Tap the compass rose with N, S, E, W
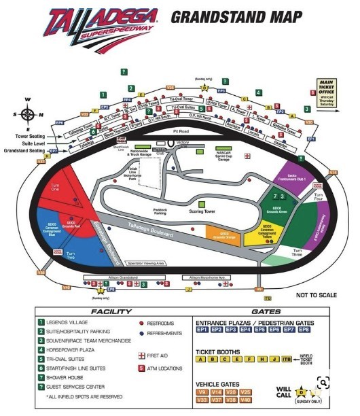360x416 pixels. (28, 113)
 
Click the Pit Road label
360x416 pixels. (180, 131)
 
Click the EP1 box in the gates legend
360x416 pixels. (202, 329)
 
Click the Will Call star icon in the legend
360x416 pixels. (304, 392)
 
